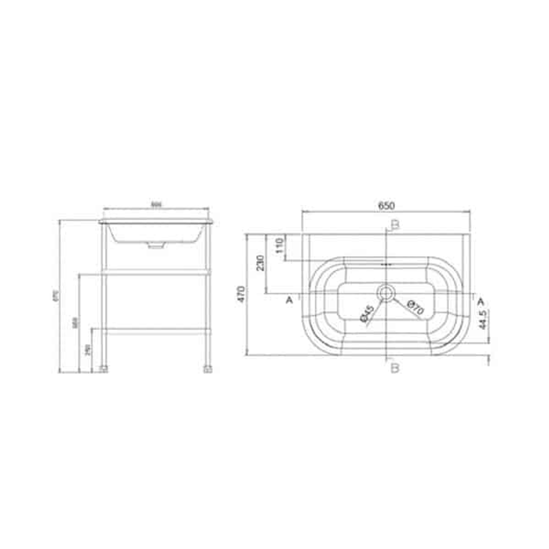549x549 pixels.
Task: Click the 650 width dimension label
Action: (386, 205)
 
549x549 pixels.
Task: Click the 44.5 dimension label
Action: (484, 320)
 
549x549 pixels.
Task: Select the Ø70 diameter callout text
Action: (414, 309)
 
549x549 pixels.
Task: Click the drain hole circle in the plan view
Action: (386, 292)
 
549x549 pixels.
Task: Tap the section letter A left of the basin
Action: (289, 300)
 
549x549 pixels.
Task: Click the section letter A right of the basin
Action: (480, 300)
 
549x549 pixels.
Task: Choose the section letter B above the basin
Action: (395, 225)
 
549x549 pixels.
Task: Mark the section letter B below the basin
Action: (395, 368)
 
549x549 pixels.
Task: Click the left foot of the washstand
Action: (104, 369)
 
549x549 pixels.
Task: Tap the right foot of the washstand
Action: (207, 369)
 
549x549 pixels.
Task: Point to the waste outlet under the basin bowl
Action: (156, 245)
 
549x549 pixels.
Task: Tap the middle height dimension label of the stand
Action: (75, 323)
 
